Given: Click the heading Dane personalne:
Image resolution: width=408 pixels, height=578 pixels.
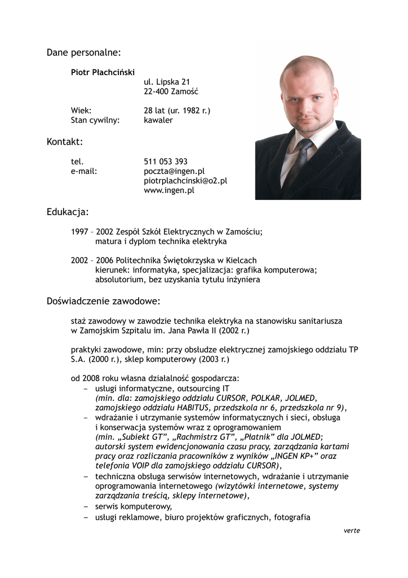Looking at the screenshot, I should coord(83,52).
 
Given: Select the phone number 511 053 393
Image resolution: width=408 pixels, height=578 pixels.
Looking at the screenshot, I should coord(166,161).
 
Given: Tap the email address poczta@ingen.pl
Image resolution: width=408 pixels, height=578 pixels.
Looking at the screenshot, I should coord(174,171).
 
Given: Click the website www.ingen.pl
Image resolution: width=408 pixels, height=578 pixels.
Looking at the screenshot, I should coord(169,190).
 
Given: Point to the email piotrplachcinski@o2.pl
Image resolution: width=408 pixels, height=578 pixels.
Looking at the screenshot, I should coord(185,181).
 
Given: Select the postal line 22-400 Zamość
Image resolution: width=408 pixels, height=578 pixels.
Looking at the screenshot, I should coord(171,91).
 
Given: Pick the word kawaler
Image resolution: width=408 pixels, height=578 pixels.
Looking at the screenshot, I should coord(158,120).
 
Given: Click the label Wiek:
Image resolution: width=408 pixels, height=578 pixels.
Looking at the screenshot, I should coord(81,111).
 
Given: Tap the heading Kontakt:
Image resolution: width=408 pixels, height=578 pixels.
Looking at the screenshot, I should coord(65,142).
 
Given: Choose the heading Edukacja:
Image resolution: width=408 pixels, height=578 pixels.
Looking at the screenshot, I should coord(68,212).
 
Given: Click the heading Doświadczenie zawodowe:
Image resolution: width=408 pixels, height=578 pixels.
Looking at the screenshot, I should coord(104,301).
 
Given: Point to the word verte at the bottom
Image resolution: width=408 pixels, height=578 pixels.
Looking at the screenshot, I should coord(352,531).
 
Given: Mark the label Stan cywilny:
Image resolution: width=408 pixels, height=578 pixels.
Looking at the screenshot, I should coord(95,120).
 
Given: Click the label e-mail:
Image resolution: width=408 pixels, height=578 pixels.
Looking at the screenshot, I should coord(84,171).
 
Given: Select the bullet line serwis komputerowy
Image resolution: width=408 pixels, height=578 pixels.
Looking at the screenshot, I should coord(134,506).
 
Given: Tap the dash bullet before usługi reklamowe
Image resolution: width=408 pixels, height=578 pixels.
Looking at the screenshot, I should coord(86,517).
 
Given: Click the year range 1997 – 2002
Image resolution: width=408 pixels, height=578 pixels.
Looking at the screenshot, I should coord(92,231).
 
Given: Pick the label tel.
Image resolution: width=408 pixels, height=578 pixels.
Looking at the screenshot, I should coord(77,161).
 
